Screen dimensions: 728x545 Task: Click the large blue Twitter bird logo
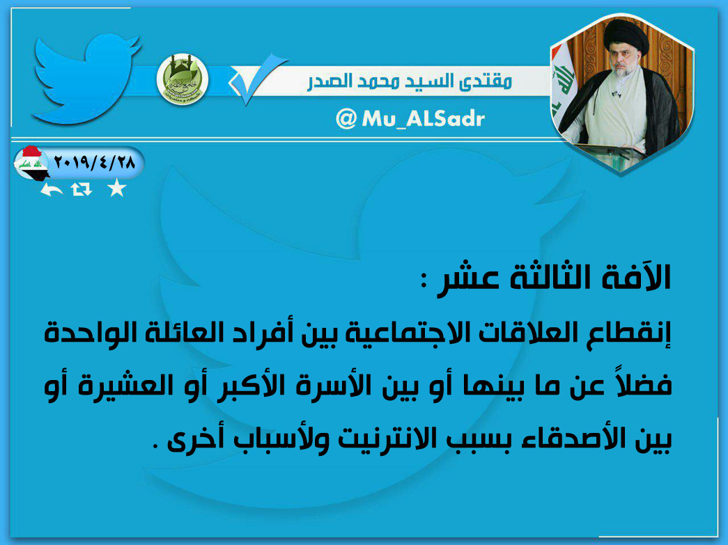(x=86, y=79)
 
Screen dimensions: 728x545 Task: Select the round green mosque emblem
(x=183, y=79)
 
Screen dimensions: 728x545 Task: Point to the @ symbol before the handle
(x=346, y=119)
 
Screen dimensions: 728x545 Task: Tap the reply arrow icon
(x=51, y=190)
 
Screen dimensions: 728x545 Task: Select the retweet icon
(x=82, y=189)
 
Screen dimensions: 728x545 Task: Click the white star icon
(x=116, y=189)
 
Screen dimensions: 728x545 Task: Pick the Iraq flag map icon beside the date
(x=31, y=164)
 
